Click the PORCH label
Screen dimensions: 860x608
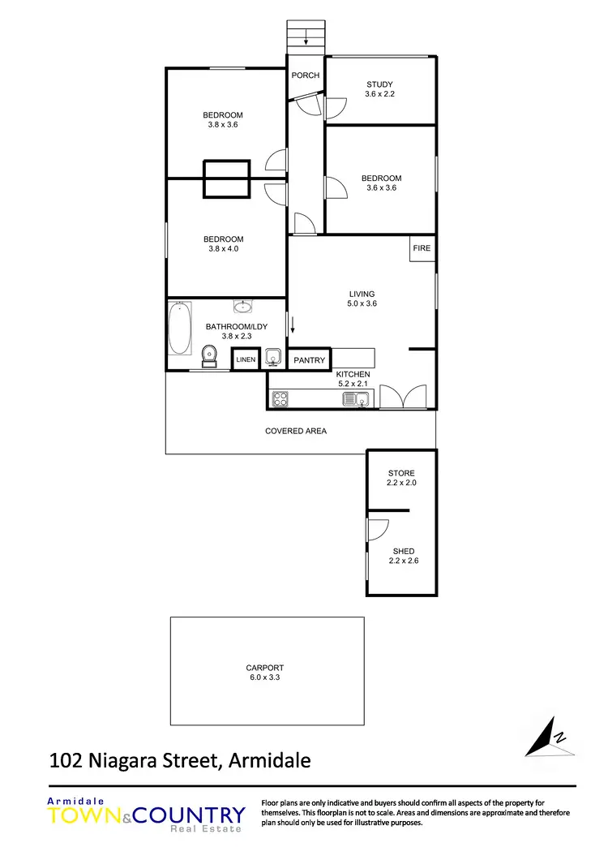(305, 75)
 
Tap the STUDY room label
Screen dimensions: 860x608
(379, 84)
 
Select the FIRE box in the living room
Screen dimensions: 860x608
(422, 248)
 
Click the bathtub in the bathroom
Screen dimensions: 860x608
(179, 329)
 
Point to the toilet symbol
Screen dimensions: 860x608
(209, 355)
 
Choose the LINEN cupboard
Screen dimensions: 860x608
(246, 359)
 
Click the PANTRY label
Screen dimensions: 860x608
(309, 360)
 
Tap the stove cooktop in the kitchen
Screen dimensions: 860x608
(281, 398)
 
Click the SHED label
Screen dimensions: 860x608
(403, 552)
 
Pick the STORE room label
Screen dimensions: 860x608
(401, 473)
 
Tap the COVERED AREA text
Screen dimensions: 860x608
(296, 431)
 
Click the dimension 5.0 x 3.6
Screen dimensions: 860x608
(362, 303)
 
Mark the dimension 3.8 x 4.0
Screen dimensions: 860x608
(223, 249)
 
